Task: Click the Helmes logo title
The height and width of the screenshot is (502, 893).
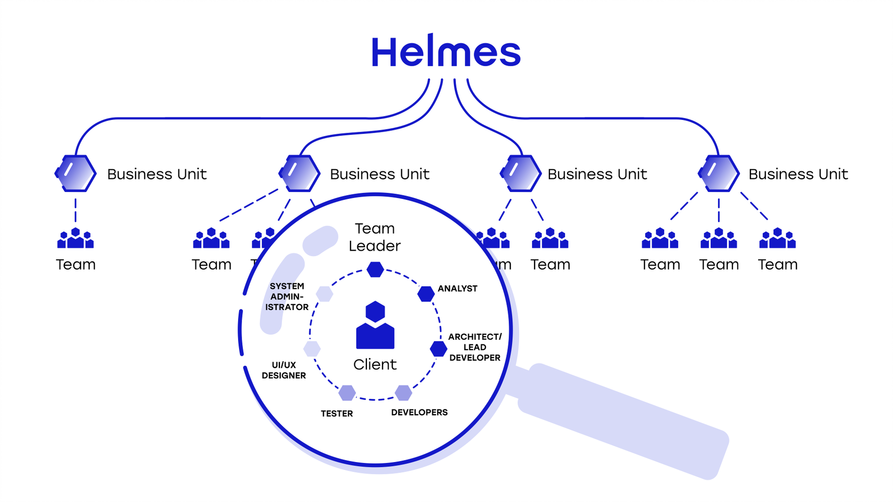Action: tap(446, 51)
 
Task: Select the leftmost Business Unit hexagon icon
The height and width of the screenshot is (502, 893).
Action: tap(76, 173)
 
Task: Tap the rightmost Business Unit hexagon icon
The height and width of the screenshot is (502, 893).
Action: tap(719, 173)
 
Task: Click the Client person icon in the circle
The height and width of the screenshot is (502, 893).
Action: tap(375, 326)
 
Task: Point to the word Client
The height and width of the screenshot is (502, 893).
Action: tap(375, 364)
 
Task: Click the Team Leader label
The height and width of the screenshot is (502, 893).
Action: tap(374, 237)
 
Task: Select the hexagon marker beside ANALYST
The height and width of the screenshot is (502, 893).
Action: tap(426, 294)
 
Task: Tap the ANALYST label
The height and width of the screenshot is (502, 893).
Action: tap(457, 288)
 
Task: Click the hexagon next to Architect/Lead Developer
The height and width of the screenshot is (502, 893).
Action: tap(438, 348)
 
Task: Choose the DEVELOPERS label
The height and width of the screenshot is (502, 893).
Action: tap(419, 412)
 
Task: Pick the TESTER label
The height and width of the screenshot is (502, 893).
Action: tap(337, 414)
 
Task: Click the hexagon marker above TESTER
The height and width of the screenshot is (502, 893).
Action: tap(347, 393)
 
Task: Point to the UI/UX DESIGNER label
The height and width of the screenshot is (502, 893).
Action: tap(284, 370)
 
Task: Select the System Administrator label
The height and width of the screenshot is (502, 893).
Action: tap(287, 296)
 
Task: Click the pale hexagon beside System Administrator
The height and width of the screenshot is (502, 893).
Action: tap(324, 294)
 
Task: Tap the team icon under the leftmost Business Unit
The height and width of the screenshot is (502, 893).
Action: tap(76, 238)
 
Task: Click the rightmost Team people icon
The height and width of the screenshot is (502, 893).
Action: tap(777, 238)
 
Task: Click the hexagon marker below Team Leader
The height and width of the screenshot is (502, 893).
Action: tap(375, 270)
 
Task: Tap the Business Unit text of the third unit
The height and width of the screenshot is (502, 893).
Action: tap(597, 174)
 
